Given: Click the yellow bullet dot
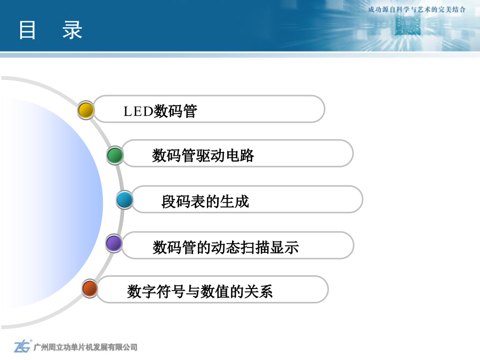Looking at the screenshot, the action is [x=86, y=110].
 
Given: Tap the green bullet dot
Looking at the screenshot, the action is [x=115, y=155].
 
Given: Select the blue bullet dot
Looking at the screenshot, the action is [x=125, y=200].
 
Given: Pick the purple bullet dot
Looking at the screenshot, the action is [x=114, y=243].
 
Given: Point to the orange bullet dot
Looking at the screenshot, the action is [x=90, y=289].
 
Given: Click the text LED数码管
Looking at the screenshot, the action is [x=160, y=111].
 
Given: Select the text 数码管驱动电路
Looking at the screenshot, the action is [x=203, y=155].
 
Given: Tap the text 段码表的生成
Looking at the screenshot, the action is [x=205, y=202].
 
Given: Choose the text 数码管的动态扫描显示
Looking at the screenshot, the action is [x=226, y=247].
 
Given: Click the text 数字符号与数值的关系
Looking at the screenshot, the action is [x=199, y=291].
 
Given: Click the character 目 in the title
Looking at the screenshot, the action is [x=27, y=30].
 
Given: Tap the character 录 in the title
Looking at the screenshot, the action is [x=72, y=30].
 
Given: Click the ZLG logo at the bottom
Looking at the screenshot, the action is [x=22, y=346].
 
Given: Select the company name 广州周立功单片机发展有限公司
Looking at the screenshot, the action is [x=85, y=347].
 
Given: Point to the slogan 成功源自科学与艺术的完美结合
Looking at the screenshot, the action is [x=417, y=10].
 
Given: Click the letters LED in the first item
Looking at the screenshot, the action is [x=138, y=111].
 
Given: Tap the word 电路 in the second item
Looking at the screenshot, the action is [x=239, y=155].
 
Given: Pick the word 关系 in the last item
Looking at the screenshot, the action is [x=258, y=291].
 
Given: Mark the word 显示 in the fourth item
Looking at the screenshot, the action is [x=284, y=247].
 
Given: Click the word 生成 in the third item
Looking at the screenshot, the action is [x=235, y=202].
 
